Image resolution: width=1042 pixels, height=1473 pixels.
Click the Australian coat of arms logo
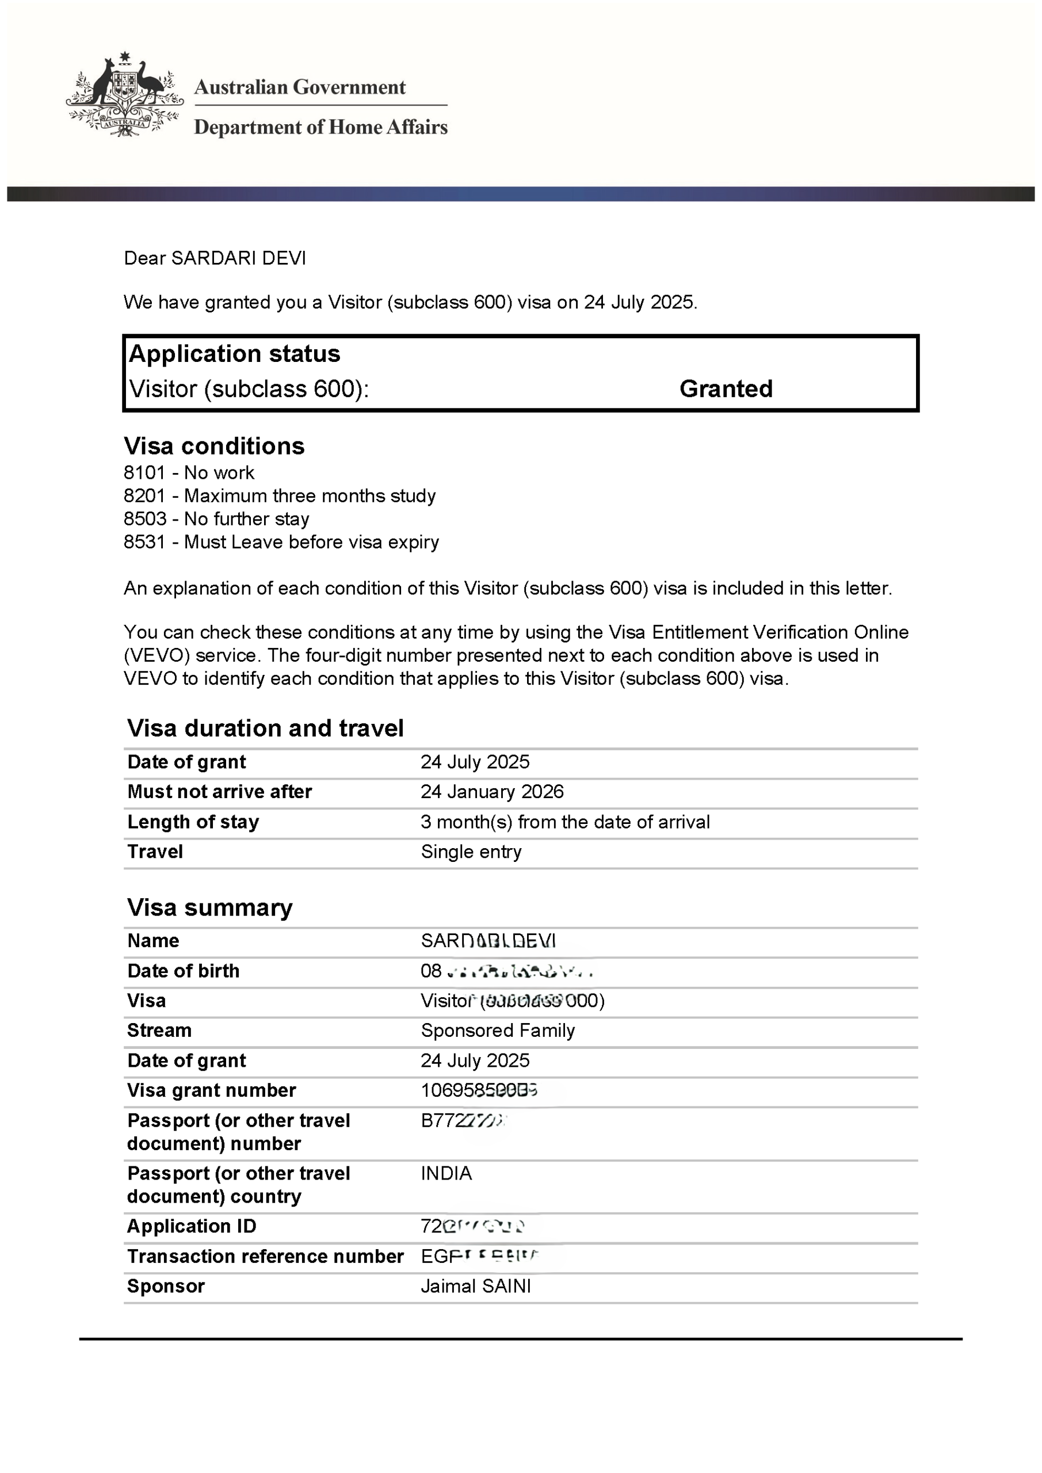pyautogui.click(x=124, y=95)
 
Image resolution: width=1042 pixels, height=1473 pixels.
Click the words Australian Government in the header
pyautogui.click(x=300, y=87)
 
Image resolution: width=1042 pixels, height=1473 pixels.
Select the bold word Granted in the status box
pyautogui.click(x=726, y=389)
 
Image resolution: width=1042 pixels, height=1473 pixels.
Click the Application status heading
pyautogui.click(x=234, y=353)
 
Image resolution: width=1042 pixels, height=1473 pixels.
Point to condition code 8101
pyautogui.click(x=145, y=473)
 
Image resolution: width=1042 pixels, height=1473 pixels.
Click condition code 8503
pyautogui.click(x=145, y=519)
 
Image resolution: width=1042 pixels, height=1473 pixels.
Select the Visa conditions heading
pyautogui.click(x=213, y=446)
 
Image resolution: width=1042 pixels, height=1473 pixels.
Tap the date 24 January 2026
pyautogui.click(x=492, y=792)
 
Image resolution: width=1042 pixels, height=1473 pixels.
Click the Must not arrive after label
pyautogui.click(x=219, y=792)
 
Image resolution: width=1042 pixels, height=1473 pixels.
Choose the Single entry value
pyautogui.click(x=471, y=852)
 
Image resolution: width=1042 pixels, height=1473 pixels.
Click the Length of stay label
pyautogui.click(x=193, y=822)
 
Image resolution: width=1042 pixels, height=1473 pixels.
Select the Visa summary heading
pyautogui.click(x=210, y=908)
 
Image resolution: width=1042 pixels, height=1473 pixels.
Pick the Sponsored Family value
pyautogui.click(x=497, y=1031)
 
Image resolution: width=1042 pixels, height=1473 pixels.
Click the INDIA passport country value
pyautogui.click(x=446, y=1173)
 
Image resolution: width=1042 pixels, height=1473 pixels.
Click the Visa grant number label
pyautogui.click(x=212, y=1090)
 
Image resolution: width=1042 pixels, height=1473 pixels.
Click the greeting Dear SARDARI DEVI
pyautogui.click(x=215, y=258)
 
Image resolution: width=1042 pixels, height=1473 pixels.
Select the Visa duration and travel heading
pyautogui.click(x=265, y=728)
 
